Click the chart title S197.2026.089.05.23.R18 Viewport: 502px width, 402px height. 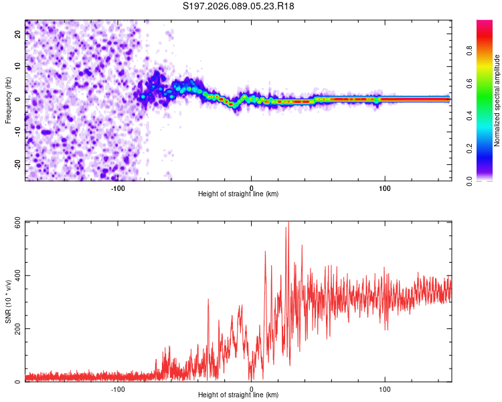tap(239, 6)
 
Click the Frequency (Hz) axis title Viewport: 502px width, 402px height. tap(9, 100)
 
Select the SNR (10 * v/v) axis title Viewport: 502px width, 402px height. tap(9, 301)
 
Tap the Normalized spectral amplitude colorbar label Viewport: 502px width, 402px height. tap(497, 100)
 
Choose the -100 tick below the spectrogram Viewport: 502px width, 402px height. tap(118, 188)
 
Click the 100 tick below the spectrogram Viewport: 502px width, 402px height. tap(385, 188)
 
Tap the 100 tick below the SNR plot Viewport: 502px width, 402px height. tap(385, 389)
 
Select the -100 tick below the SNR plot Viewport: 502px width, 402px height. tap(118, 389)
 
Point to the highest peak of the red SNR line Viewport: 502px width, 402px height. tap(288, 223)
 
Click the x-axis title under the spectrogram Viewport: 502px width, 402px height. tap(238, 194)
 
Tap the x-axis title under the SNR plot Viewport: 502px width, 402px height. tap(238, 395)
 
